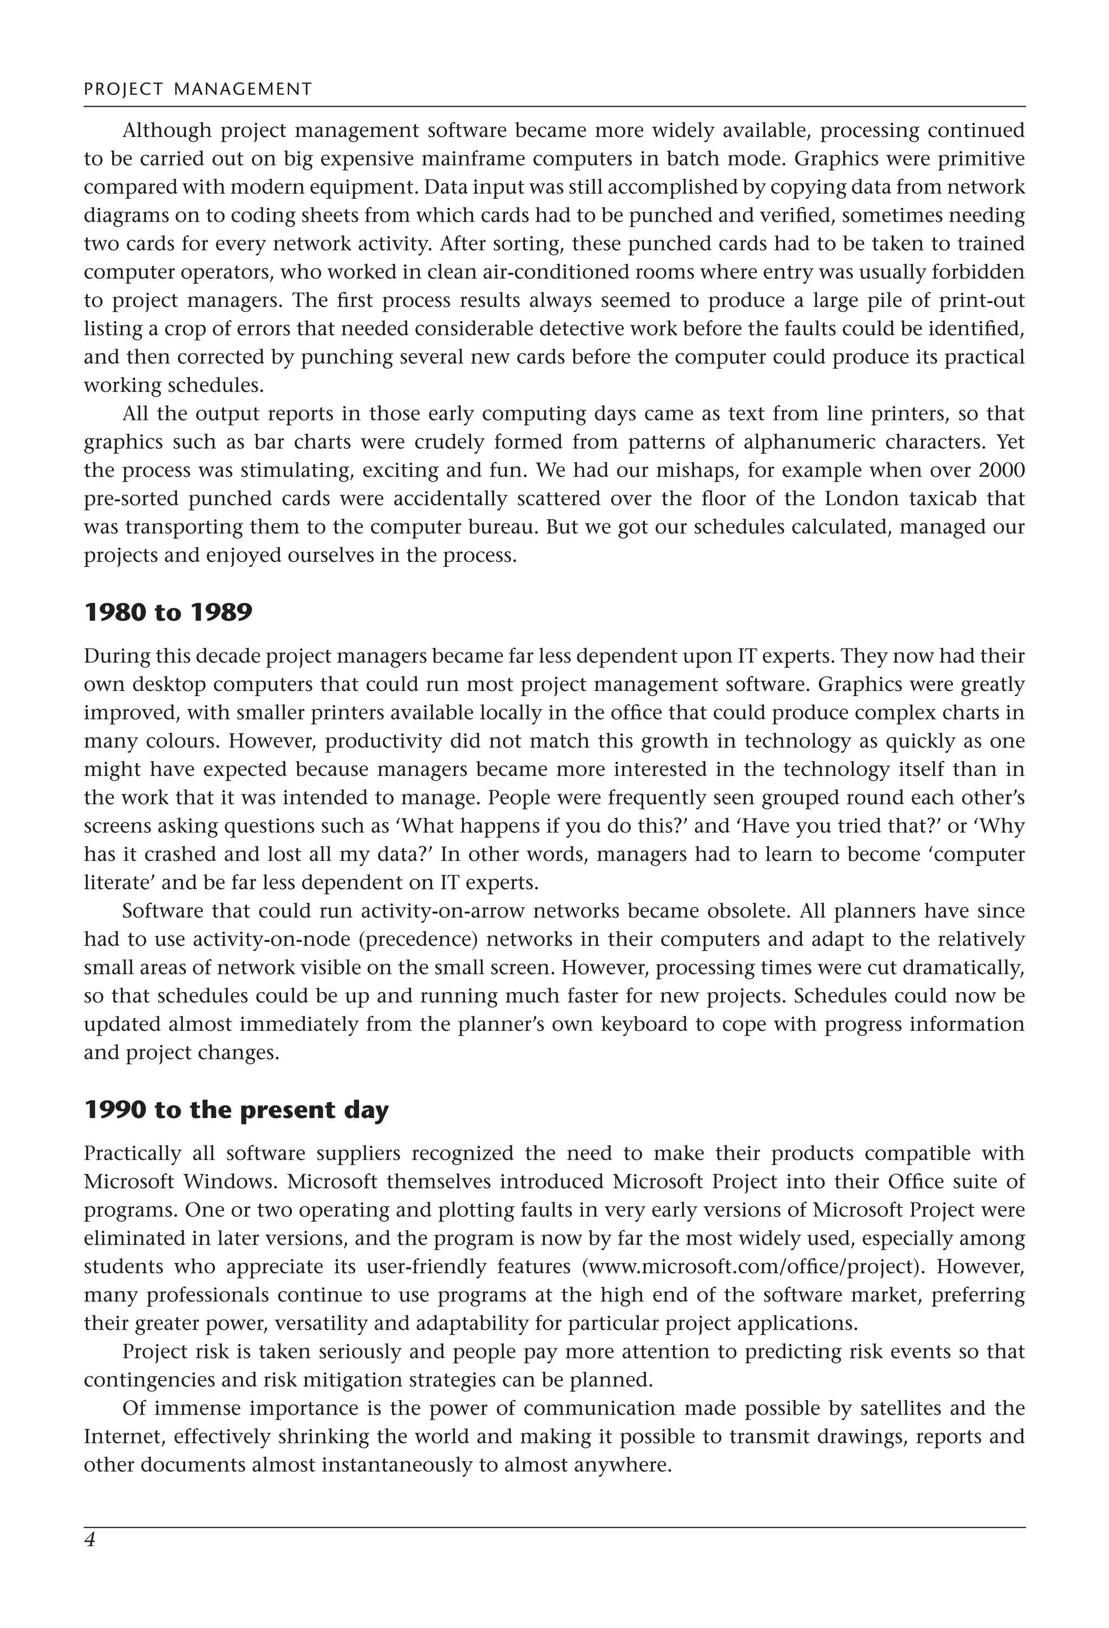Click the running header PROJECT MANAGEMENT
click(198, 89)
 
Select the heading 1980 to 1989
click(167, 612)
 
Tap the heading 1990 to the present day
click(236, 1110)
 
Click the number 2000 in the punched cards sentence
click(1001, 470)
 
